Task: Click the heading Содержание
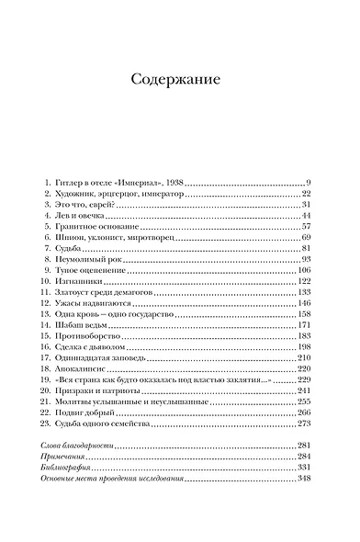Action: [180, 79]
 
